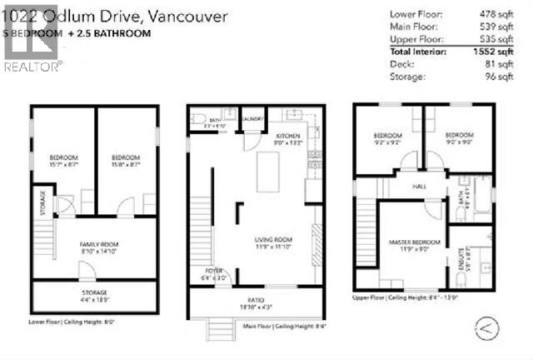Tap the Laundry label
coord(253,119)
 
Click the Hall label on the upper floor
coord(419,187)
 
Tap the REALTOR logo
coord(31,49)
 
